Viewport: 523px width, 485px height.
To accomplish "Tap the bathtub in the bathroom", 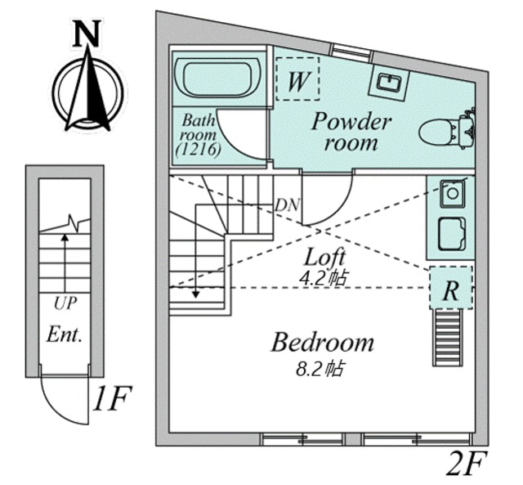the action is tap(218, 78).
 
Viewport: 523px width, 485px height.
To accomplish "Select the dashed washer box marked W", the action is tap(297, 79).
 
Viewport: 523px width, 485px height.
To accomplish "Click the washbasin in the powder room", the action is tap(389, 82).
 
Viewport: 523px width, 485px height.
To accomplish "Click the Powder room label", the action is tap(351, 132).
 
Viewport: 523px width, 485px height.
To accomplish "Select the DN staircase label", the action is tap(287, 205).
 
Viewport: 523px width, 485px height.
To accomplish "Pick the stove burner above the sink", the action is tap(452, 193).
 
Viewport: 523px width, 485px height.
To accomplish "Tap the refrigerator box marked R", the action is tap(451, 287).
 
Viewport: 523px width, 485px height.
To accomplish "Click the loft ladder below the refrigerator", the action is tap(448, 338).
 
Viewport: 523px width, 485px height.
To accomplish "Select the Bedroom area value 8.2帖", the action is tap(320, 368).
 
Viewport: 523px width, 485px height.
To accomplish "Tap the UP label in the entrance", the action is tap(65, 303).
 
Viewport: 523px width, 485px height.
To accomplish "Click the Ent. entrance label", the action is tap(65, 335).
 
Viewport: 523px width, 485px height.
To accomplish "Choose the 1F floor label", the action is tap(112, 398).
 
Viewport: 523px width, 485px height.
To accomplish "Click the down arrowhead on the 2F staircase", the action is tap(196, 294).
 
